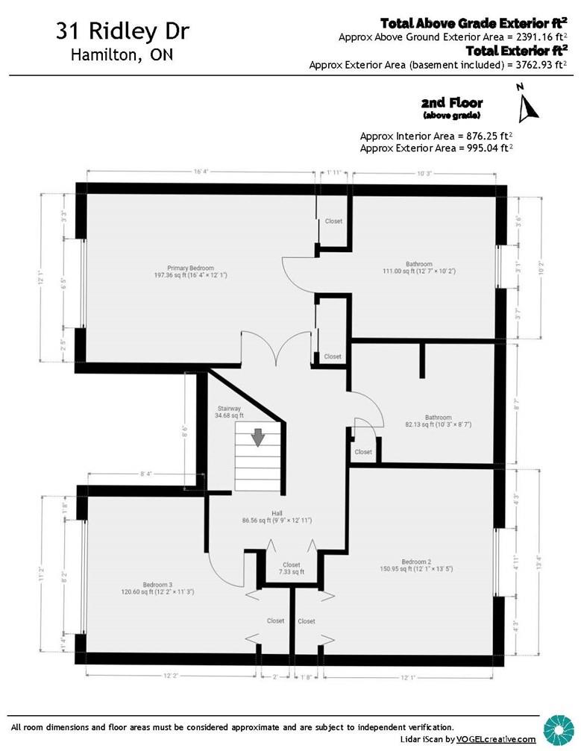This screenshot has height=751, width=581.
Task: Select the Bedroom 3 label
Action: [x=157, y=584]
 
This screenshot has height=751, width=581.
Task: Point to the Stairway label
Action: [x=229, y=409]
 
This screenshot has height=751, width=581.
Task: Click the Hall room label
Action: [x=276, y=513]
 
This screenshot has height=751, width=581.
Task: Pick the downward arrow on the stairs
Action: [x=257, y=437]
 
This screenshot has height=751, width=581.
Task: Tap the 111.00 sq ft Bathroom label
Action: [x=418, y=265]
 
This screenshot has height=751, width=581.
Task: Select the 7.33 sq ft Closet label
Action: [x=292, y=565]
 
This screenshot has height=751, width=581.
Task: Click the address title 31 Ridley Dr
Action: [x=122, y=32]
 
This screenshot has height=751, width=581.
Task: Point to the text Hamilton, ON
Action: [x=122, y=55]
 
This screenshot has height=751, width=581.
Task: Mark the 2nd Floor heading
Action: [x=452, y=103]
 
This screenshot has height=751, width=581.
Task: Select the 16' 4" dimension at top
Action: [x=200, y=172]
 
